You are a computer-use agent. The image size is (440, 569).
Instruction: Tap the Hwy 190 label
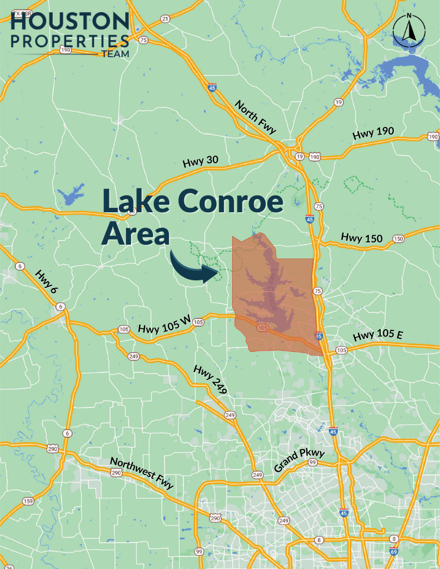click(375, 134)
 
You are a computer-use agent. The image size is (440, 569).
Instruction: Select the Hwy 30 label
click(200, 162)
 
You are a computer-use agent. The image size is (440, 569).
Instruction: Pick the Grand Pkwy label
click(300, 461)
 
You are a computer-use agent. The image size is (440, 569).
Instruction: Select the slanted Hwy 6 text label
click(46, 281)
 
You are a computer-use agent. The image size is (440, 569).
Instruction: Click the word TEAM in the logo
click(115, 54)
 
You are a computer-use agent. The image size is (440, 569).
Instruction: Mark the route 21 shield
click(165, 19)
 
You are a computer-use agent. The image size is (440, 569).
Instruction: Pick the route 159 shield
click(28, 501)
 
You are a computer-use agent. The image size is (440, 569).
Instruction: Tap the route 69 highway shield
click(393, 551)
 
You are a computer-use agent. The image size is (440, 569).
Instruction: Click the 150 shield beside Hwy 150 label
click(398, 239)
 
